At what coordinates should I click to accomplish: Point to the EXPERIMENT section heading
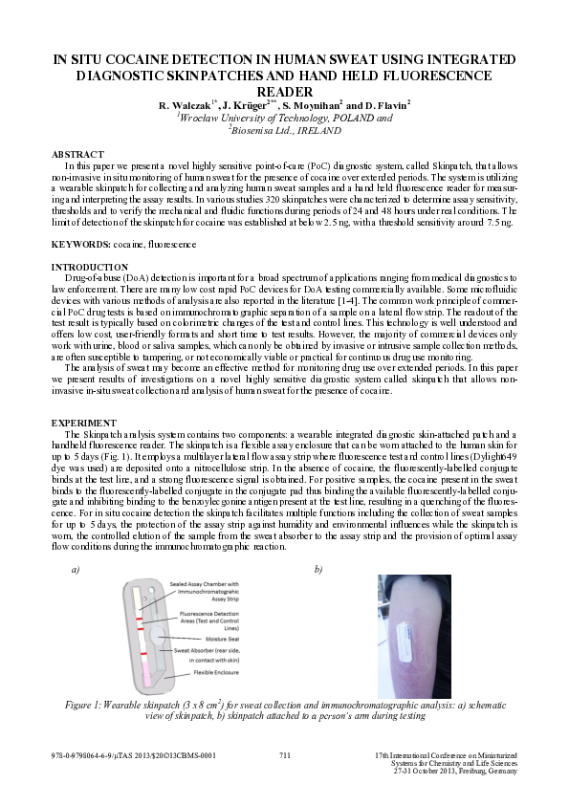point(77,422)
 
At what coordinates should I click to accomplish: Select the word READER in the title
point(284,90)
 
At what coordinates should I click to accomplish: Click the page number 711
point(284,755)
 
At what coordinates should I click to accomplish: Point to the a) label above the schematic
point(75,569)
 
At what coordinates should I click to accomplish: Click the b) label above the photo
point(318,569)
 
